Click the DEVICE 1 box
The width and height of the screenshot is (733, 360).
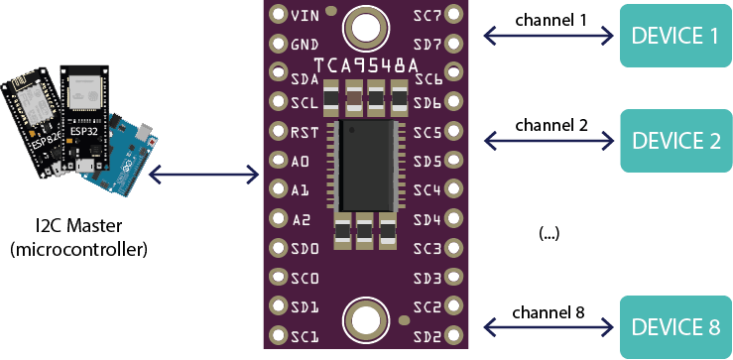click(x=675, y=37)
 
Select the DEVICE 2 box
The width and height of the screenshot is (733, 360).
click(x=675, y=141)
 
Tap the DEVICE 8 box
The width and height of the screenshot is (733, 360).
click(x=675, y=327)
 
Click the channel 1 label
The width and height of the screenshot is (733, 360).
click(x=550, y=20)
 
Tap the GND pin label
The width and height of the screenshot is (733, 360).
click(x=305, y=45)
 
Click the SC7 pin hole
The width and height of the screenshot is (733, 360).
click(x=454, y=15)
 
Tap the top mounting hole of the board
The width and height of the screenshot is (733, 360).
click(x=364, y=27)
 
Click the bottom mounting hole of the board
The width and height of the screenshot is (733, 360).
click(x=364, y=320)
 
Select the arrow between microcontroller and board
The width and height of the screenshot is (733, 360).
click(x=202, y=176)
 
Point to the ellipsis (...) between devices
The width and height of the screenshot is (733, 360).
click(x=549, y=233)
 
